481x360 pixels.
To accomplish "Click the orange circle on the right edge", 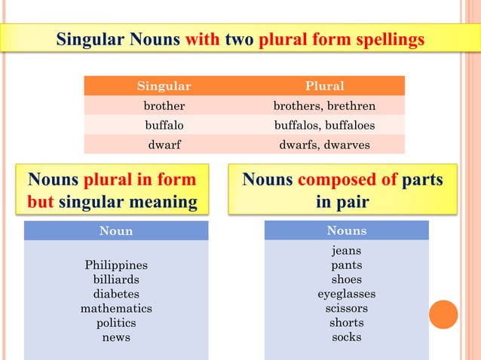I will (443, 314).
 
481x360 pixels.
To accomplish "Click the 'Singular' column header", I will (164, 86).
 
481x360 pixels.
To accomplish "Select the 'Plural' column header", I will (324, 86).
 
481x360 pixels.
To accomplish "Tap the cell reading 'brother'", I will (164, 105).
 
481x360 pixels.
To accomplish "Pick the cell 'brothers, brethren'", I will (324, 105).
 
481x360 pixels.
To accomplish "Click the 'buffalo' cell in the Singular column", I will (164, 125).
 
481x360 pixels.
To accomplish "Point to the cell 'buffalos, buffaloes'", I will (324, 125).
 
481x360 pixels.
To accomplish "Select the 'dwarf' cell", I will (164, 145).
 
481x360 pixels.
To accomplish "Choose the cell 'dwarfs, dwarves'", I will (324, 145).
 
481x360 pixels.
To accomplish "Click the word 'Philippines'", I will (116, 265).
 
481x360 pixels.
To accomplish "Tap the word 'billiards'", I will (116, 279).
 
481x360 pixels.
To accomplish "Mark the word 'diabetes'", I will (116, 294).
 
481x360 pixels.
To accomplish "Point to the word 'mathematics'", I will (116, 308).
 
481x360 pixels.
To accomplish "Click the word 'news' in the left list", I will (116, 337).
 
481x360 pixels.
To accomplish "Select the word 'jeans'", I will (346, 250).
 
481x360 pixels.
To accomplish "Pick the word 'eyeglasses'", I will (346, 294).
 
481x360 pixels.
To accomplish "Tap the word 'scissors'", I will (346, 308).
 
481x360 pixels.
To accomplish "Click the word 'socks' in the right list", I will (346, 337).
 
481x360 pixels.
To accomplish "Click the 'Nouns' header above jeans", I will (346, 230).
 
